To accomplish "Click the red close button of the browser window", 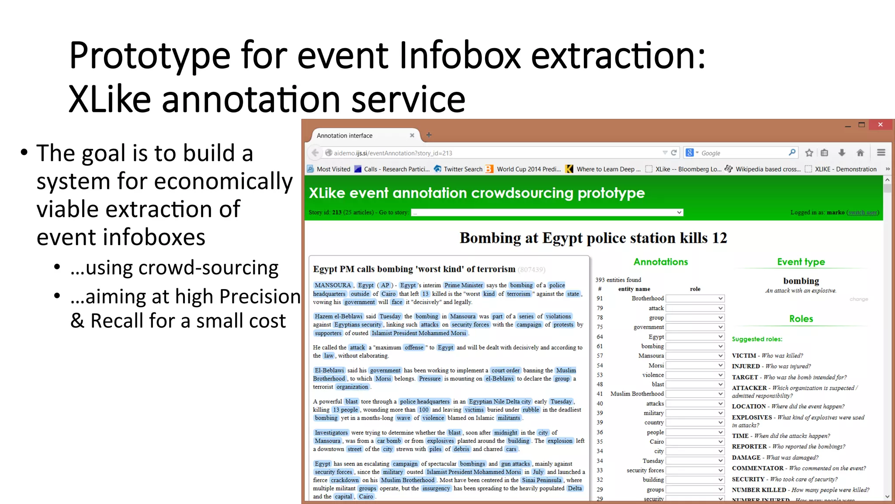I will coord(880,125).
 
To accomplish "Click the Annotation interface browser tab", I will coord(345,136).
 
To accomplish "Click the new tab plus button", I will coord(429,135).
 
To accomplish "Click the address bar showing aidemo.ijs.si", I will coord(481,153).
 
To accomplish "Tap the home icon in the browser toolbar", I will coord(860,153).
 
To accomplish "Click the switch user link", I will coord(863,213).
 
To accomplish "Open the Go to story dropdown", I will coord(547,213).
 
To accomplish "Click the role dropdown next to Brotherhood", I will coord(695,298).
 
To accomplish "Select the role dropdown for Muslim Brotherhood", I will coord(695,394).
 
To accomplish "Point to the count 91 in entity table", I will coord(600,298).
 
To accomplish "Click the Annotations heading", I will coord(660,262).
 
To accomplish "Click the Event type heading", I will coord(801,262).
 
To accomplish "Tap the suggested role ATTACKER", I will coord(749,388).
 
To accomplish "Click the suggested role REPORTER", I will coord(749,447).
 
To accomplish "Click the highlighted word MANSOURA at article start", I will coord(333,285).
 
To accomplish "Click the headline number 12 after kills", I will coord(719,238).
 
